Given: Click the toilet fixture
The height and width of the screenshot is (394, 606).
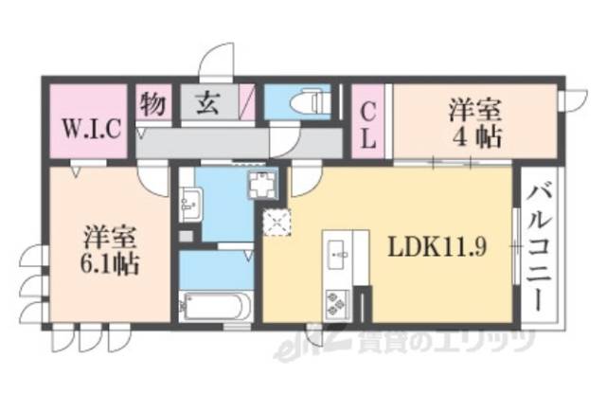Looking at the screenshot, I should [x=305, y=99].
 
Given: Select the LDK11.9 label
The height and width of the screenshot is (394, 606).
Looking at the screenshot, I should [x=438, y=248].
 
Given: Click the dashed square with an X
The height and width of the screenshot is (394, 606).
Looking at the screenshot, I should [x=277, y=224].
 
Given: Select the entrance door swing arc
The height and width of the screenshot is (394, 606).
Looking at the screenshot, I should [x=216, y=59].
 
